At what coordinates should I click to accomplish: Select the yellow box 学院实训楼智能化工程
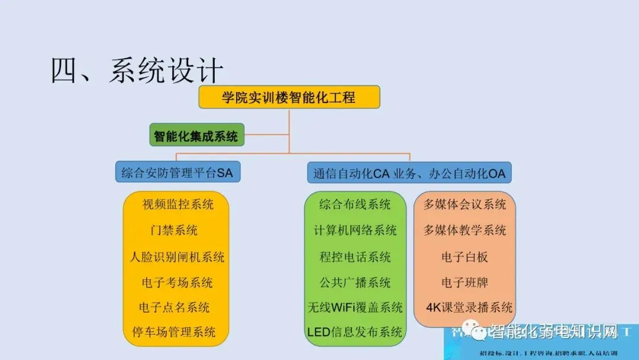[x=289, y=97]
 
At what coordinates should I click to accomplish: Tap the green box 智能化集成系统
[x=196, y=136]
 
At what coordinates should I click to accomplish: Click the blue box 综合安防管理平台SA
[x=177, y=173]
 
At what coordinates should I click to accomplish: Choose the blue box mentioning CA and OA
[x=409, y=173]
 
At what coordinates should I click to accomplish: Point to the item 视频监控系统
[x=177, y=205]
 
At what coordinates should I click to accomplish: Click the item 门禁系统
[x=174, y=230]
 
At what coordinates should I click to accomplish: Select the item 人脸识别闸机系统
[x=177, y=257]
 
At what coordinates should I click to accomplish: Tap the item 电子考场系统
[x=177, y=282]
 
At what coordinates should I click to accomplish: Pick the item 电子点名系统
[x=174, y=307]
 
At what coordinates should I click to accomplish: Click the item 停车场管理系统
[x=174, y=332]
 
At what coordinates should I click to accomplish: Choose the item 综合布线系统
[x=355, y=205]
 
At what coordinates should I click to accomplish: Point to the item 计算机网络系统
[x=355, y=230]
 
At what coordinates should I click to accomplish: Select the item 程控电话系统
[x=355, y=257]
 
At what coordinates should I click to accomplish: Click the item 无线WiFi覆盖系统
[x=355, y=307]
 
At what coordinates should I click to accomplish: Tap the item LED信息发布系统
[x=355, y=332]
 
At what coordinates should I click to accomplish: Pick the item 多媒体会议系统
[x=464, y=205]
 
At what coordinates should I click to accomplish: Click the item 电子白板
[x=464, y=257]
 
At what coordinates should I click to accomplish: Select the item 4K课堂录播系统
[x=469, y=307]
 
